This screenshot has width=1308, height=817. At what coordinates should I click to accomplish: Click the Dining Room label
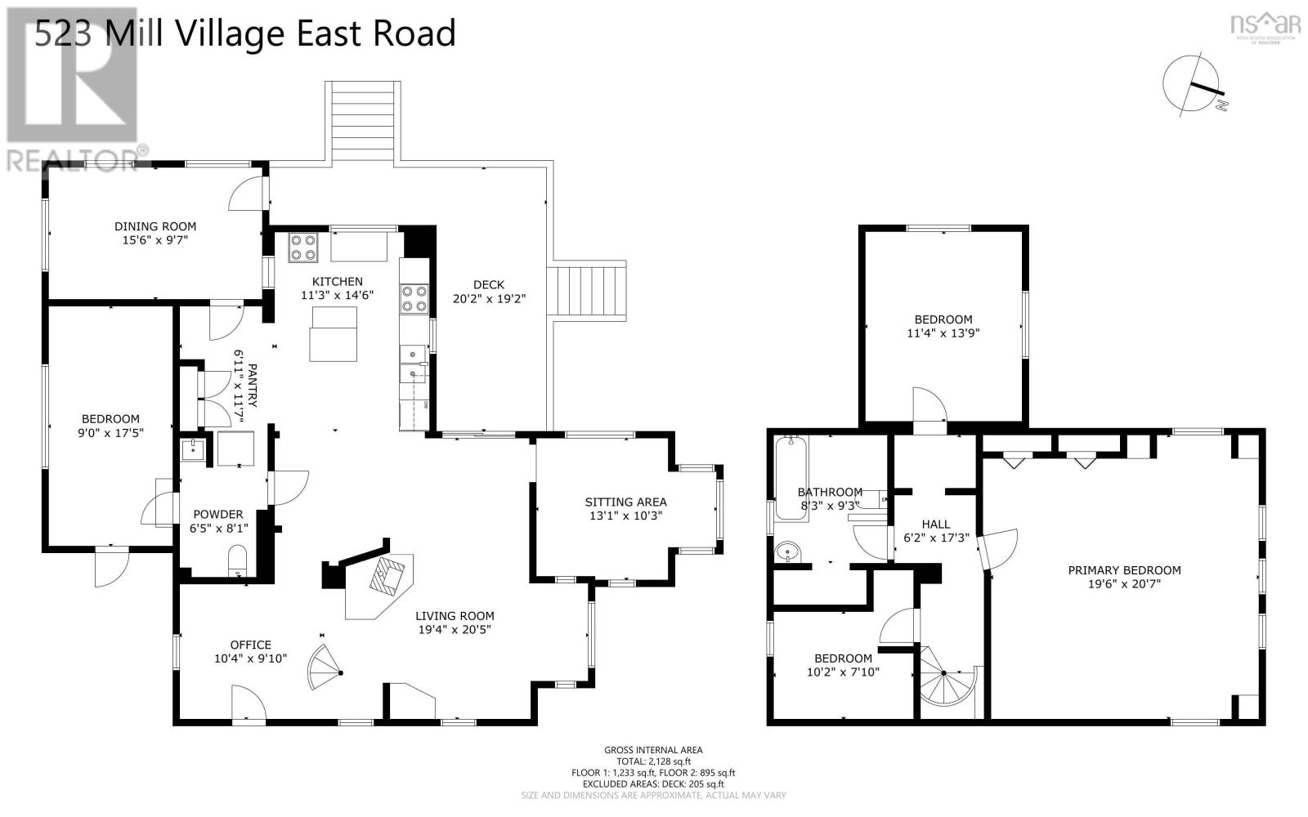pyautogui.click(x=155, y=226)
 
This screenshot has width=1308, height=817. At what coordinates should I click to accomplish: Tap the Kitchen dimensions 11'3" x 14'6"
pyautogui.click(x=337, y=295)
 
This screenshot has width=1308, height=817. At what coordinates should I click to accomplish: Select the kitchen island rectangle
pyautogui.click(x=333, y=333)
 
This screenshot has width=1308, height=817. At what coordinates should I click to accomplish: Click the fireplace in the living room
pyautogui.click(x=387, y=576)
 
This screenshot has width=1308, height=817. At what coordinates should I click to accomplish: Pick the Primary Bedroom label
pyautogui.click(x=1124, y=570)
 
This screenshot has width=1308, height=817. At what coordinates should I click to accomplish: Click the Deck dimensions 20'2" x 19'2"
pyautogui.click(x=489, y=299)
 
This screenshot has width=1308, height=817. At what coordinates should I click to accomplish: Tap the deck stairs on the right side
pyautogui.click(x=588, y=292)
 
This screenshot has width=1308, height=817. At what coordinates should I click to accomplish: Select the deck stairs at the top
pyautogui.click(x=362, y=121)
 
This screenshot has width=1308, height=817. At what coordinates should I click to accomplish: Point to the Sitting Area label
pyautogui.click(x=625, y=502)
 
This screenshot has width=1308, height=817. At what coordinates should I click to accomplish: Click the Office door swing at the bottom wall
pyautogui.click(x=248, y=704)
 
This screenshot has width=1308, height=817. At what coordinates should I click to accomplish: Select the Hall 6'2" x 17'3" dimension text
pyautogui.click(x=936, y=538)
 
